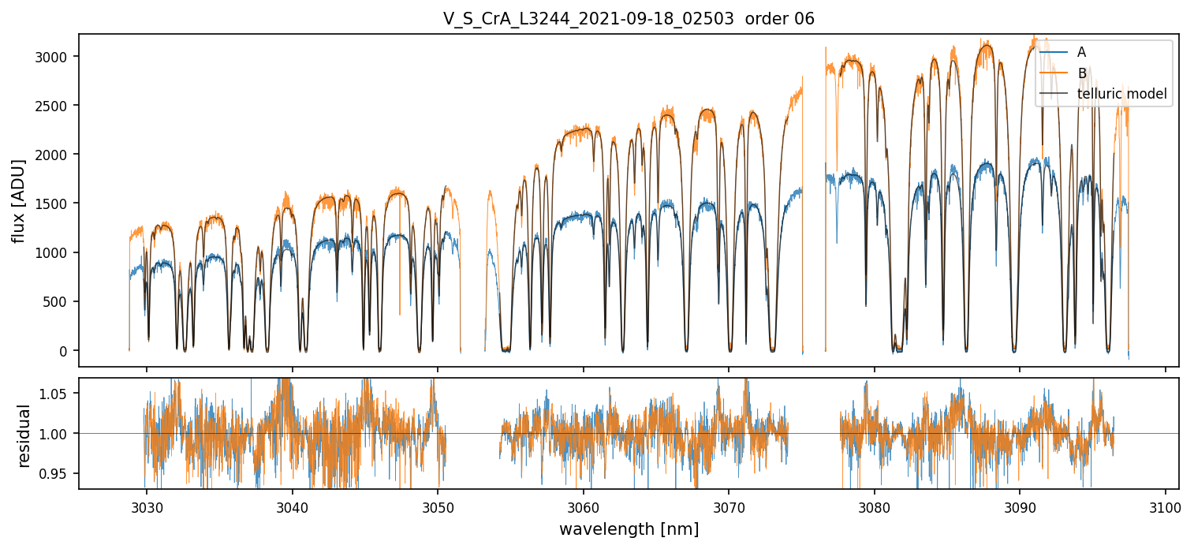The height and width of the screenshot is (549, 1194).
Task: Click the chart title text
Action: [629, 19]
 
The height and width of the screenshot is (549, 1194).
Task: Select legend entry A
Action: [1081, 52]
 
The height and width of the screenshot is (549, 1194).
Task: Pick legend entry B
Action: [1082, 73]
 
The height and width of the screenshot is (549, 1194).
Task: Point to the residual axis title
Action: [24, 435]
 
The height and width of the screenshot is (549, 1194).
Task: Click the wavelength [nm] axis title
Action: [629, 529]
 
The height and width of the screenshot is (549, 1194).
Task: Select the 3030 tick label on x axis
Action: [147, 506]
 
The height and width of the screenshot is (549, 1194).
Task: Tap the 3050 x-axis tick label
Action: [438, 506]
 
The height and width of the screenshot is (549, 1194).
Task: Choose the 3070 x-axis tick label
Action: [729, 506]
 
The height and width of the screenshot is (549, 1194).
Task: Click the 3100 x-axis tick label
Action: [1166, 506]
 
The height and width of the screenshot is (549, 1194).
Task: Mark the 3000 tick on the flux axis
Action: [54, 57]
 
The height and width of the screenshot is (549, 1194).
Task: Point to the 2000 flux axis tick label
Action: [54, 155]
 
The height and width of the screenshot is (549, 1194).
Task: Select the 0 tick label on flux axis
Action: [65, 351]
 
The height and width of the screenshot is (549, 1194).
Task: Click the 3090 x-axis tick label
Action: [1020, 506]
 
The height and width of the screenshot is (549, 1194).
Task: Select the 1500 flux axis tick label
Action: [54, 204]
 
